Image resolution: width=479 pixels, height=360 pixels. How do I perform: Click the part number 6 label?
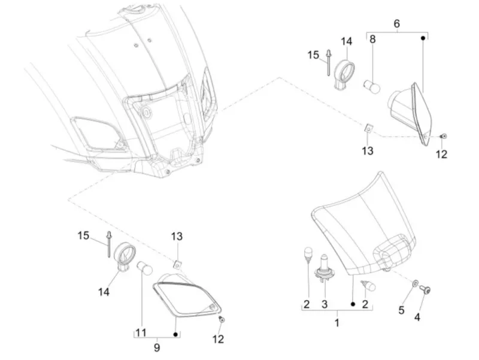[396, 23]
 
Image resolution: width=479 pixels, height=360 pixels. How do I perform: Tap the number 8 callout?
[372, 40]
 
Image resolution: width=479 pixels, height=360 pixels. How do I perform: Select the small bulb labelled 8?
[372, 86]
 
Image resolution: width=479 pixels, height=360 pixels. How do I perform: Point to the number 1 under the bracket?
[337, 323]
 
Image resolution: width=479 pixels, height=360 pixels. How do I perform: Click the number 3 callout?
[325, 304]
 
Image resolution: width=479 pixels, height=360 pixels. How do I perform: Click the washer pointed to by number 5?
[415, 283]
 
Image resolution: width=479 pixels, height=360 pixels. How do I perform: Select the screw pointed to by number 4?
[425, 289]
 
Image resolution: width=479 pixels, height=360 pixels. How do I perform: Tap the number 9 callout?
[157, 347]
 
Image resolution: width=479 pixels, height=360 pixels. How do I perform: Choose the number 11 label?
[141, 332]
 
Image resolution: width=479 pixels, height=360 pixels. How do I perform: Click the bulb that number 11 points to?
[144, 268]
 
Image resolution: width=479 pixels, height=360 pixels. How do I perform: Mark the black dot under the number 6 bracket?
[423, 38]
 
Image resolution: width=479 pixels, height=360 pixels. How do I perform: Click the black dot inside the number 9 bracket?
[175, 335]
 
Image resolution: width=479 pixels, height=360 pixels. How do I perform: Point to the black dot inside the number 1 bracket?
[353, 304]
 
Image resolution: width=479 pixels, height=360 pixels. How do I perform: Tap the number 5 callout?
[401, 310]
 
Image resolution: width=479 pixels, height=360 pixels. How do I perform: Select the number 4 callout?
[417, 317]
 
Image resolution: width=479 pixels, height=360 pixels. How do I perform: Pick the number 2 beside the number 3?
[307, 304]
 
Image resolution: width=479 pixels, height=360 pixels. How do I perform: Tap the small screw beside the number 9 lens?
[222, 320]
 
